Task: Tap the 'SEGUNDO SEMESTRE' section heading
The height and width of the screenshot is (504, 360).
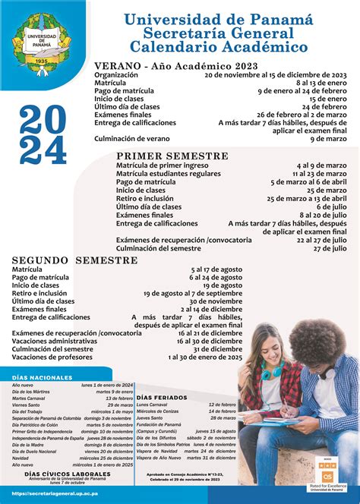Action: (x=74, y=260)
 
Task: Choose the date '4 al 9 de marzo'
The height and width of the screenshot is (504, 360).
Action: (x=322, y=165)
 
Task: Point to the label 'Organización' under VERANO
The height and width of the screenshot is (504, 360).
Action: (x=116, y=76)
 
